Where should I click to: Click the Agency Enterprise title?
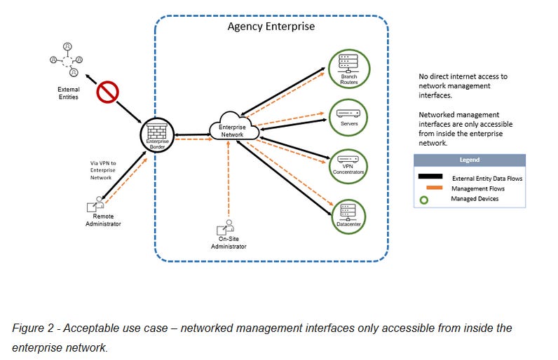click(271, 27)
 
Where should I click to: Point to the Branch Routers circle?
click(349, 68)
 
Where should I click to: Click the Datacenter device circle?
click(349, 215)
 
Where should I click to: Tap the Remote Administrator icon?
click(96, 205)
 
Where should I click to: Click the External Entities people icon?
click(68, 60)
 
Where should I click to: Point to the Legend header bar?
click(469, 160)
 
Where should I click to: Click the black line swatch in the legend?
click(430, 176)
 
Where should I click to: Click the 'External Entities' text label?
click(68, 93)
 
